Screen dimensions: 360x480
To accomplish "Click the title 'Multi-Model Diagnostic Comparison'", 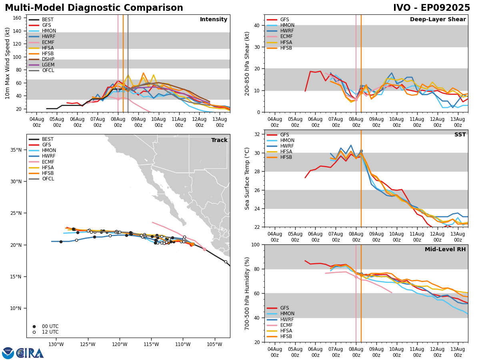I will [x=94, y=8].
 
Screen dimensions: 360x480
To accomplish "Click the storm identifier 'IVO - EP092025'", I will [x=431, y=8].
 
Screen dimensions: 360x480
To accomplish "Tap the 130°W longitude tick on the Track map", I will [x=56, y=344].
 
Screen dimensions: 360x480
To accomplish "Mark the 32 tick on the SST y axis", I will [x=258, y=134].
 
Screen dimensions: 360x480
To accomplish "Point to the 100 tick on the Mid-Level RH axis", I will [x=256, y=244].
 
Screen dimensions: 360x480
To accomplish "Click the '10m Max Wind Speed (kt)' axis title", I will [x=8, y=63].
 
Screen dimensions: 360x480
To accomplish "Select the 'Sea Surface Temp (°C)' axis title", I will [x=247, y=178].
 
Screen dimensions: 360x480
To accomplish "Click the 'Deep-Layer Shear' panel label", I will [x=438, y=20].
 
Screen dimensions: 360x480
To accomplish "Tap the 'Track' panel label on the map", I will [x=219, y=140].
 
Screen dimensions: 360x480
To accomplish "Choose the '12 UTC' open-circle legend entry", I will [x=50, y=332].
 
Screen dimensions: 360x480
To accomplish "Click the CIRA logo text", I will [x=30, y=353].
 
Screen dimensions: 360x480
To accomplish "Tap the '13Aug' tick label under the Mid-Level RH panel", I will [x=458, y=352].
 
